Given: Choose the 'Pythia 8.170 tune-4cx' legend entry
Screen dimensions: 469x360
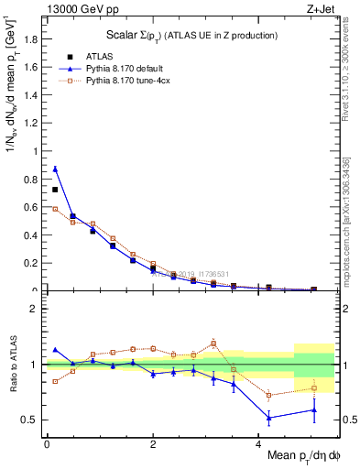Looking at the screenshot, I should coord(137,82).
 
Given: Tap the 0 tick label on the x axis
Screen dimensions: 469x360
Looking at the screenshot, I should coord(46,444).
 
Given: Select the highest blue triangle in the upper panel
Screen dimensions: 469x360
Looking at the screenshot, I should coord(55,169).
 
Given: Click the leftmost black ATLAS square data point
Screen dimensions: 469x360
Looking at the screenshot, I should coord(55,190).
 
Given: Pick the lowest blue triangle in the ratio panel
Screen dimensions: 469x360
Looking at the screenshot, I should coord(269,418).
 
